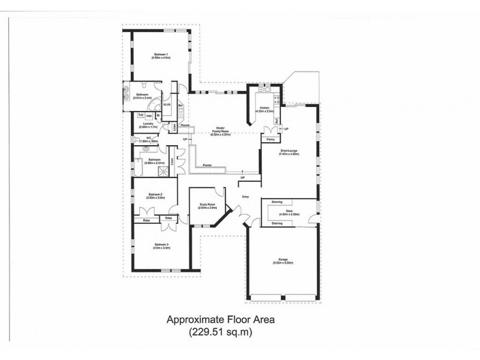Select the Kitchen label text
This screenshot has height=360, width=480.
tap(264, 109)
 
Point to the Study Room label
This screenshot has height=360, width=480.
tap(208, 205)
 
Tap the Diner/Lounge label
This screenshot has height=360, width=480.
tap(289, 152)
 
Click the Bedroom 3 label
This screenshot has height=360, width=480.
tap(161, 245)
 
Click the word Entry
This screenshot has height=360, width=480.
tap(245, 196)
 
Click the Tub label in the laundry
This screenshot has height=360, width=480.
tap(140, 115)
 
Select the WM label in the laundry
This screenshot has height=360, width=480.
tap(149, 115)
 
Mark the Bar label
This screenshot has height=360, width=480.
tap(179, 105)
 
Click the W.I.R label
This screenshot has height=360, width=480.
tap(167, 104)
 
